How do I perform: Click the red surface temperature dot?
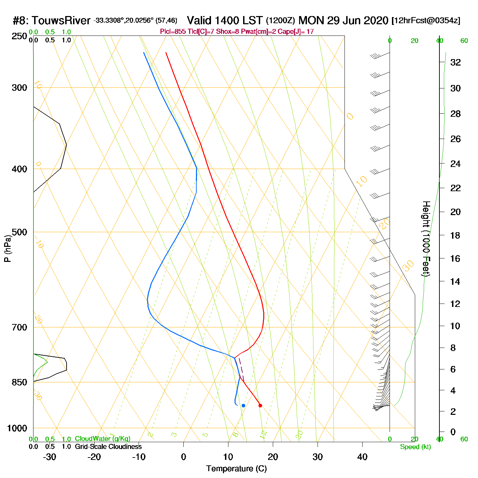coord(260,405)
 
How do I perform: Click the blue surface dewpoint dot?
coord(243,405)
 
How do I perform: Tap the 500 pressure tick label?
coord(19,232)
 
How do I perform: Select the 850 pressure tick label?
coord(19,382)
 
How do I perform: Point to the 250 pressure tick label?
coord(19,36)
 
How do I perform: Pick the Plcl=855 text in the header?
coord(173,32)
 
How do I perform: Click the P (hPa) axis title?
coord(7,249)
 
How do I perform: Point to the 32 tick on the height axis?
coord(455,62)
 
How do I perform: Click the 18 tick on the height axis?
coord(455,235)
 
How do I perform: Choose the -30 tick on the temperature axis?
coord(50,457)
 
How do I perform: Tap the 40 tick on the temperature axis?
coord(362,457)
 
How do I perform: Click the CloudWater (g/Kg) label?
coord(102,439)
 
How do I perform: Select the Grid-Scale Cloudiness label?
coord(108,447)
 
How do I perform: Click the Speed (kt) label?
coord(416,447)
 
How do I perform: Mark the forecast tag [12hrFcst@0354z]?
coord(426,21)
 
